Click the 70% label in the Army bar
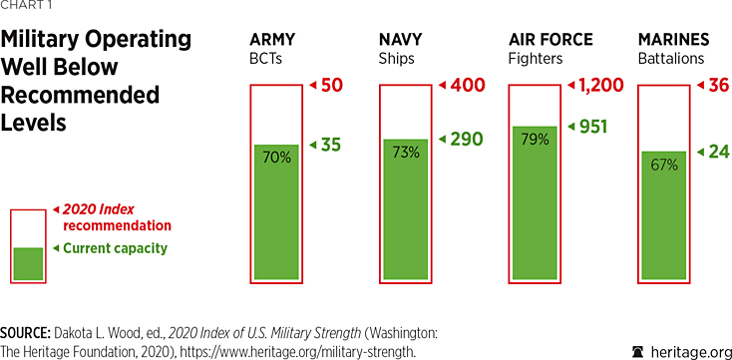click(269, 157)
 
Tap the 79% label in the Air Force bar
click(529, 139)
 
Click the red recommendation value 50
click(332, 86)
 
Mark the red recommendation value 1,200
click(600, 86)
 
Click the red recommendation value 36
click(717, 86)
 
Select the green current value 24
click(716, 152)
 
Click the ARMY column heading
click(273, 40)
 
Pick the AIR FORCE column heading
click(550, 40)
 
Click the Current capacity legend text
click(115, 248)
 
